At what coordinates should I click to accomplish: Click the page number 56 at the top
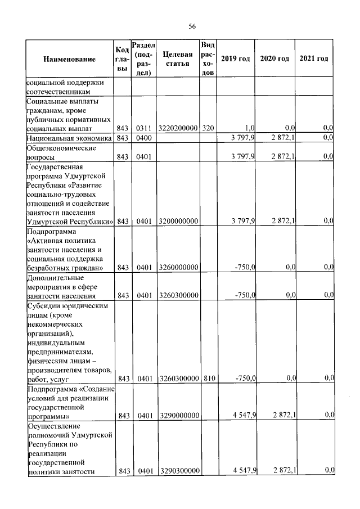[192, 26]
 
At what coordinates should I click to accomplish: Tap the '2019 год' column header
[235, 59]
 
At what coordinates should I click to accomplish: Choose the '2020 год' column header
[274, 59]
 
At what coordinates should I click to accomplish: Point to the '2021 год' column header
[314, 59]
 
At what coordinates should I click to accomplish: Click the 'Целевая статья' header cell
[177, 59]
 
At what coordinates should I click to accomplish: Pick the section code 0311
[143, 128]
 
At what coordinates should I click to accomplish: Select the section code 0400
[143, 138]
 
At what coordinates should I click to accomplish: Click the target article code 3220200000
[178, 128]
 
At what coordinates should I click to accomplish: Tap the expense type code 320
[208, 128]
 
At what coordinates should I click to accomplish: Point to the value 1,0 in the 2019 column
[250, 128]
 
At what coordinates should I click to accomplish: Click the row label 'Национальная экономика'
[69, 138]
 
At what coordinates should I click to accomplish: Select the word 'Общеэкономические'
[61, 148]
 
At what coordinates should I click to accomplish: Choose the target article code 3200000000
[178, 220]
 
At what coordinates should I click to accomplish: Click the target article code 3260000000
[178, 268]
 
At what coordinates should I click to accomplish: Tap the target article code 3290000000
[178, 416]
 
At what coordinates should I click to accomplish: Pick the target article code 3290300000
[178, 470]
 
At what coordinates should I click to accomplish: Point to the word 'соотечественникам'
[58, 91]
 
